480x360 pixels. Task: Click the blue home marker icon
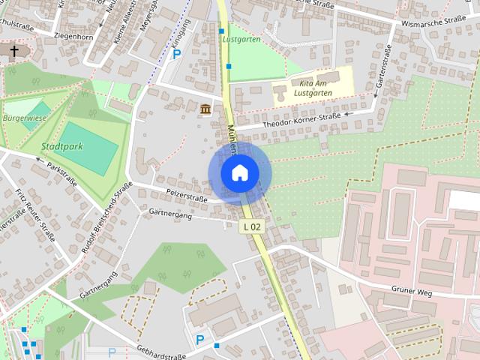[x=239, y=173]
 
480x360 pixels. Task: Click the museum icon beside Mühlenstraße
[x=205, y=110]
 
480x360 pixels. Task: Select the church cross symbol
[x=13, y=51]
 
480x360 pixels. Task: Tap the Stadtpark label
[x=61, y=146]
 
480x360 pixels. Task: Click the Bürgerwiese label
[x=25, y=118]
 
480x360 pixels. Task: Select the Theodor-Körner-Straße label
[x=303, y=120]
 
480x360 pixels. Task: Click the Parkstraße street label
[x=61, y=172]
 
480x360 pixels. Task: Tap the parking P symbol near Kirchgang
[x=177, y=54]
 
